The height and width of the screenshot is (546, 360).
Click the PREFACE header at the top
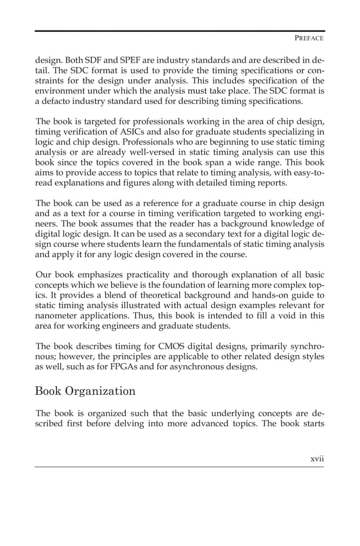point(309,39)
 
